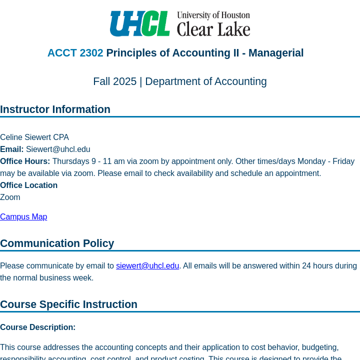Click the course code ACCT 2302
(x=75, y=53)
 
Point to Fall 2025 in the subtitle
(x=114, y=81)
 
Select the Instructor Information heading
(x=55, y=109)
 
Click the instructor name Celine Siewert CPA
(x=34, y=137)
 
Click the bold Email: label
(x=12, y=149)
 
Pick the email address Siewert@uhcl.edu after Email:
(x=58, y=149)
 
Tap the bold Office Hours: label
(x=25, y=161)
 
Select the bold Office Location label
(x=28, y=185)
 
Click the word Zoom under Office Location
(x=10, y=197)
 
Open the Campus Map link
(x=23, y=217)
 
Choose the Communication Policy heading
(x=57, y=243)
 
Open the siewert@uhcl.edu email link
(x=147, y=266)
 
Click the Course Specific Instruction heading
(x=68, y=304)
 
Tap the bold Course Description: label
(x=37, y=327)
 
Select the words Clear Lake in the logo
(x=213, y=29)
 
